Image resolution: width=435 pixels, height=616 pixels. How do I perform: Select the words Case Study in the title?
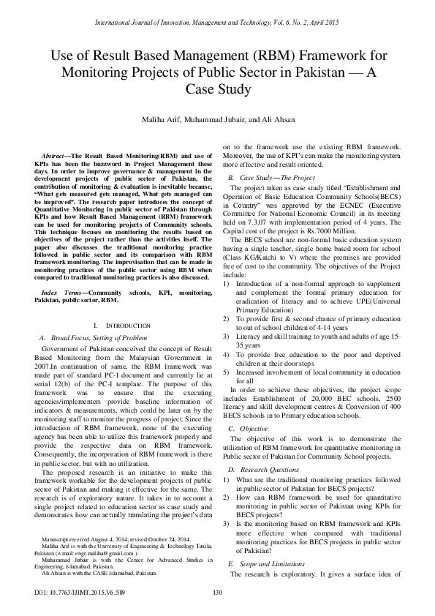[217, 89]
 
